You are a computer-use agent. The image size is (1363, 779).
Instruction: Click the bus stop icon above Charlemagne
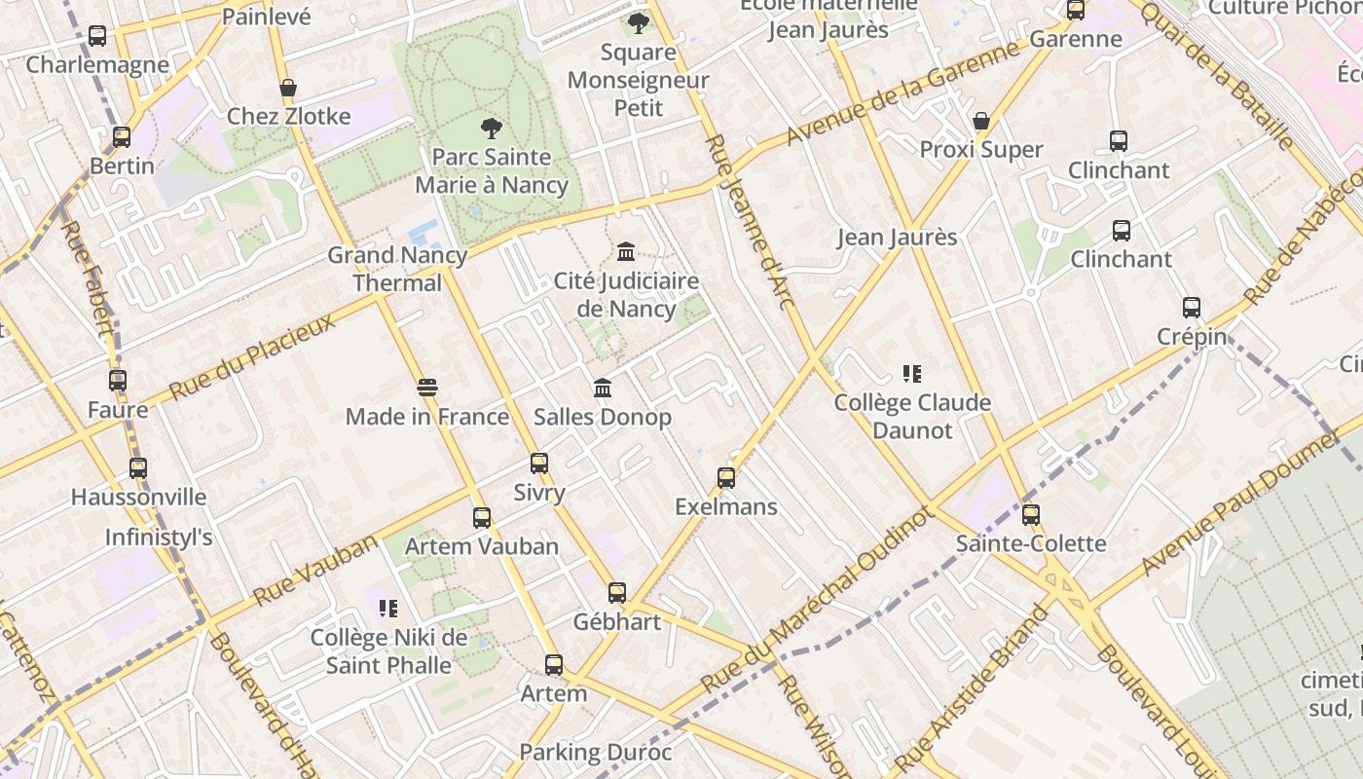(97, 36)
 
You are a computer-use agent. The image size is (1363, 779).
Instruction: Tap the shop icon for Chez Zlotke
(288, 88)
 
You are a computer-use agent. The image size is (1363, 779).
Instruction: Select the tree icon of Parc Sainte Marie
(492, 128)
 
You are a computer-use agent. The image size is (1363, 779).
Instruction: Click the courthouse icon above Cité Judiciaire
(626, 252)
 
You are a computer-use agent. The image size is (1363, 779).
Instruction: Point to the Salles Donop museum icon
(603, 388)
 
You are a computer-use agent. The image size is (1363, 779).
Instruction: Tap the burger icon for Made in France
(426, 388)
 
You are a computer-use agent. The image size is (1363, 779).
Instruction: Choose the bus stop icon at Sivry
(539, 464)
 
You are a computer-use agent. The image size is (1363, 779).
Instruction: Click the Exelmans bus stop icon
(726, 478)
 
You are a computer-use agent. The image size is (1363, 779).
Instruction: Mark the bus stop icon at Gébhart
(617, 592)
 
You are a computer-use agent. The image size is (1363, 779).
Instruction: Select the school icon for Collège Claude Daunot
(912, 373)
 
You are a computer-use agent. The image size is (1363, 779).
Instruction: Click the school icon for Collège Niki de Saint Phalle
(388, 609)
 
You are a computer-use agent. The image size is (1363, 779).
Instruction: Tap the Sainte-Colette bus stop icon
(1031, 514)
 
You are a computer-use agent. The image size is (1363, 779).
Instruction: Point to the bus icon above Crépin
(1192, 308)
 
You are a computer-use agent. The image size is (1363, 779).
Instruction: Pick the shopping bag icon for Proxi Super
(981, 121)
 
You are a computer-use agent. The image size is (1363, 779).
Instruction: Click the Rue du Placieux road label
(252, 356)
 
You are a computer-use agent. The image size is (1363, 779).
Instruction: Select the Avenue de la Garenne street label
(903, 94)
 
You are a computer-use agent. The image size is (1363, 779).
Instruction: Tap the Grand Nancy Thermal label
(397, 269)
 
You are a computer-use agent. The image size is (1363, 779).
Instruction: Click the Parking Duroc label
(595, 752)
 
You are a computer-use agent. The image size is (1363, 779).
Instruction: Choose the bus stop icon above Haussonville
(138, 467)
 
